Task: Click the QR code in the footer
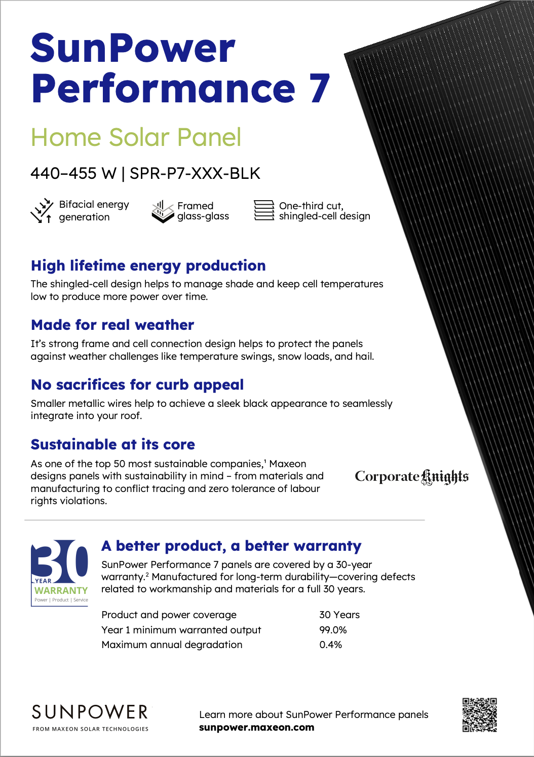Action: click(x=479, y=714)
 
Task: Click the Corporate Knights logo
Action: click(x=411, y=477)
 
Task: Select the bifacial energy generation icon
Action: click(x=42, y=211)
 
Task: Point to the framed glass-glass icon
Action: click(x=163, y=211)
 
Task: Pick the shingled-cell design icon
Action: click(x=263, y=210)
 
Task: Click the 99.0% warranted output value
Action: click(x=333, y=630)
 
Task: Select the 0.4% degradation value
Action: click(x=330, y=645)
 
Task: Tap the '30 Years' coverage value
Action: click(x=339, y=615)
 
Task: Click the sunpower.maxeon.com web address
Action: click(x=256, y=728)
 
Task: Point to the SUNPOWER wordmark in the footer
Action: click(x=90, y=712)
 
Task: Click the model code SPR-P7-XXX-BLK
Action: click(x=195, y=173)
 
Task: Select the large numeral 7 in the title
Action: click(x=319, y=89)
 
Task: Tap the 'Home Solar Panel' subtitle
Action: click(x=136, y=137)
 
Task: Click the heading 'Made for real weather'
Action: click(x=112, y=325)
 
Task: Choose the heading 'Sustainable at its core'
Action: click(x=113, y=444)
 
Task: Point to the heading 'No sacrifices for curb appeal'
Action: click(x=137, y=385)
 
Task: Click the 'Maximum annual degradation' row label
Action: click(x=172, y=645)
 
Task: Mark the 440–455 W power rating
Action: click(x=73, y=173)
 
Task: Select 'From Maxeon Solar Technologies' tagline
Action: click(x=90, y=729)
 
